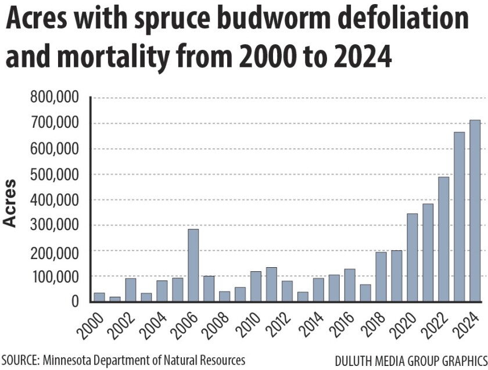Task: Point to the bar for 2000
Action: point(99,297)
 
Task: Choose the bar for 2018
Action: point(381,277)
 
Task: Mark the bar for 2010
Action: point(256,286)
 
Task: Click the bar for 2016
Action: point(349,285)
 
